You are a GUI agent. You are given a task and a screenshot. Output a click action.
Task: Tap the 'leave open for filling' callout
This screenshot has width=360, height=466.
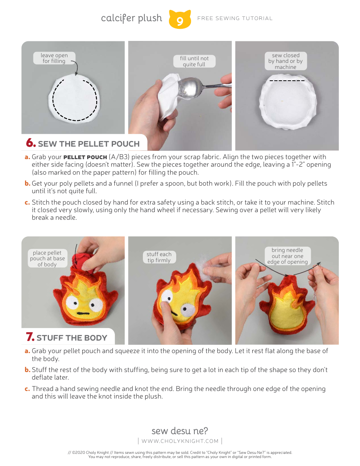pyautogui.click(x=54, y=58)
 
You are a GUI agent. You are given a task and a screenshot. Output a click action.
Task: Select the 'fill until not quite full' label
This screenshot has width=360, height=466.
pyautogui.click(x=194, y=61)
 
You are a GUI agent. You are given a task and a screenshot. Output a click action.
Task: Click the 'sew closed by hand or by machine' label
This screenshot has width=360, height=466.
pyautogui.click(x=285, y=61)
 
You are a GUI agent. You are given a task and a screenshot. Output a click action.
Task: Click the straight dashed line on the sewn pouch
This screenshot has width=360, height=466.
pyautogui.click(x=287, y=81)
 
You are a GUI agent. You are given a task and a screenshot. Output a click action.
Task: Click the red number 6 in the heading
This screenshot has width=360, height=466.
pyautogui.click(x=31, y=143)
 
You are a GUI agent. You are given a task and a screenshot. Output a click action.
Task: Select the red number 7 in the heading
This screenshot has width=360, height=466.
pyautogui.click(x=30, y=337)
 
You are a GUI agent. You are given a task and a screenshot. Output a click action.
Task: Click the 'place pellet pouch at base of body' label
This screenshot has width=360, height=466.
pyautogui.click(x=47, y=258)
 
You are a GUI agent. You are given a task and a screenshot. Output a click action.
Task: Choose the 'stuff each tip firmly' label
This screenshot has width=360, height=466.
pyautogui.click(x=159, y=257)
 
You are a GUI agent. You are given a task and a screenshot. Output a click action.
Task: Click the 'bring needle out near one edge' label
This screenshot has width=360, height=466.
pyautogui.click(x=287, y=256)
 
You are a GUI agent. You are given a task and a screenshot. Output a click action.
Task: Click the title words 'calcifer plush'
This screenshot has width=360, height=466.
pyautogui.click(x=131, y=18)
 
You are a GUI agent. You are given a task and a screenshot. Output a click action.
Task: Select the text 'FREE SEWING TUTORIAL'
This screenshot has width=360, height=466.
pyautogui.click(x=235, y=18)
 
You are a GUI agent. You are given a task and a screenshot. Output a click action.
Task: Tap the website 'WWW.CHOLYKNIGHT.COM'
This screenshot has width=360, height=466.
pyautogui.click(x=180, y=441)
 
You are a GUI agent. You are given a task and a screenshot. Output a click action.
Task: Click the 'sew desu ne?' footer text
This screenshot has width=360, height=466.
pyautogui.click(x=180, y=431)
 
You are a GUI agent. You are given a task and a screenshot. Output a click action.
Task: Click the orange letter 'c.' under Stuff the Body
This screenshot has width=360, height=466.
pyautogui.click(x=27, y=389)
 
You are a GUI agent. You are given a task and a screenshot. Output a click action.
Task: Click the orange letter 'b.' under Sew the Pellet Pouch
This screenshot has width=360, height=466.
pyautogui.click(x=27, y=183)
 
